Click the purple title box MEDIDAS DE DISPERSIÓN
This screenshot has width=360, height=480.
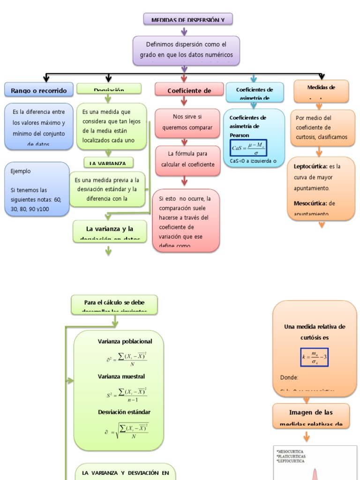pos(187,19)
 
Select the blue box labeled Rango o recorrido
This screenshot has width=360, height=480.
pos(39,90)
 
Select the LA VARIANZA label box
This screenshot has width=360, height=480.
pos(108,163)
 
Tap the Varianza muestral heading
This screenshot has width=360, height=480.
pos(121,376)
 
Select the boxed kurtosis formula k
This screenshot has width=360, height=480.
pos(315,357)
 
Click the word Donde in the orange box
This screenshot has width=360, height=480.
pos(289,377)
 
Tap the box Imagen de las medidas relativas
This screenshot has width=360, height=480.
pos(311,415)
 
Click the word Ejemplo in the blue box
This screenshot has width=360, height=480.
pos(21,171)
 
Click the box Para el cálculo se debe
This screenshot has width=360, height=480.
pos(114,305)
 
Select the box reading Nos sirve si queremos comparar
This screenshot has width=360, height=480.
pos(187,122)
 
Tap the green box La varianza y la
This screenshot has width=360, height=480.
pos(110,232)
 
